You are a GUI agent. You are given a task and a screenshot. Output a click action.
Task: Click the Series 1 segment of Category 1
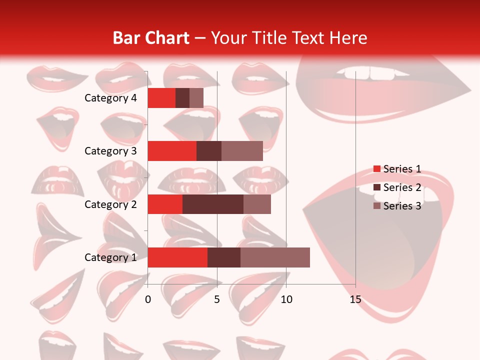tap(177, 257)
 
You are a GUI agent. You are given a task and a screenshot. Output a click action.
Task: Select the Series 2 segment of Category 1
tap(224, 257)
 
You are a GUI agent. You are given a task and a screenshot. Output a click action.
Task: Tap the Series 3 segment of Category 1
tap(275, 257)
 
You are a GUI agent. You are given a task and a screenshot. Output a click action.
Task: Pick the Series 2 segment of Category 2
tap(213, 204)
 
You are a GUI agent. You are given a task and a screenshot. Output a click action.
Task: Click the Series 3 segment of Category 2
tap(257, 204)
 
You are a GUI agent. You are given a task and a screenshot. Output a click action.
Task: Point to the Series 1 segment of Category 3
tap(172, 151)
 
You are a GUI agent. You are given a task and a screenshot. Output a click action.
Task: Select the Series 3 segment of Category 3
tap(242, 151)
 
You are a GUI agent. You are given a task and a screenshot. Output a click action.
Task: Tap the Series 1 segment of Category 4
tap(161, 98)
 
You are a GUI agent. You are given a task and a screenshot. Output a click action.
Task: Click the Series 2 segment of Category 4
tap(182, 98)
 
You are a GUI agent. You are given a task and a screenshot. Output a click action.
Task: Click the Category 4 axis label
tap(110, 98)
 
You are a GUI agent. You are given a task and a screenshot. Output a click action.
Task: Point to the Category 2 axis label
tap(110, 204)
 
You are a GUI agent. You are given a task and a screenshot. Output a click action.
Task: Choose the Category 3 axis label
tap(110, 151)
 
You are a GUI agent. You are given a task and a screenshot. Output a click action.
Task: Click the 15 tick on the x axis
tap(355, 299)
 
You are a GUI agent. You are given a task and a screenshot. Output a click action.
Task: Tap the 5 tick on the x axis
tap(217, 299)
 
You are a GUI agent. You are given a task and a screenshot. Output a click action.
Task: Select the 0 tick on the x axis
tap(148, 299)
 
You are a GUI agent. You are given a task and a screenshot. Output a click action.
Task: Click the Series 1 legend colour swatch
tap(376, 169)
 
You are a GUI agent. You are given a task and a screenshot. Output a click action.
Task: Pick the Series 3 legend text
tap(402, 206)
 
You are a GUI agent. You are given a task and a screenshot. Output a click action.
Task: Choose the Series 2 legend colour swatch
tap(376, 187)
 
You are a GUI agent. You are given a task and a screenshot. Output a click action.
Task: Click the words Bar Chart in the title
tap(150, 38)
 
